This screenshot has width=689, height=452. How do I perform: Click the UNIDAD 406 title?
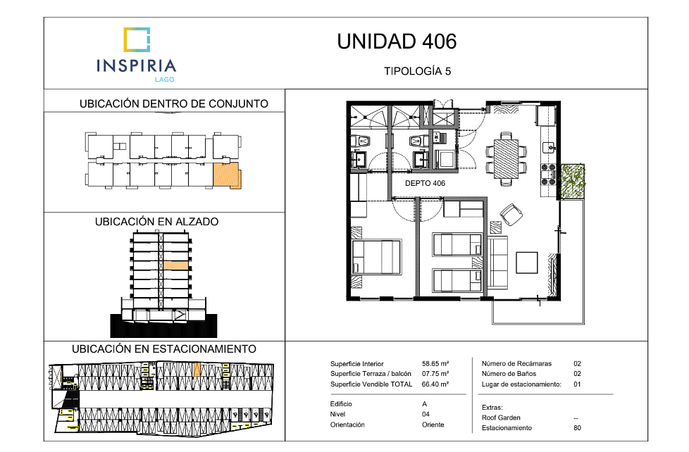[x=397, y=42]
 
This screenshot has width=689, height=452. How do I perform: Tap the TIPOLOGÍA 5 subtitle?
[x=418, y=71]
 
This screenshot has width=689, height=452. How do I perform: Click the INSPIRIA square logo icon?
[x=137, y=39]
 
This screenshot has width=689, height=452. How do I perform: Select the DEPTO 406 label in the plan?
[x=425, y=183]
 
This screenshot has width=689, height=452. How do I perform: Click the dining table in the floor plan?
[x=507, y=158]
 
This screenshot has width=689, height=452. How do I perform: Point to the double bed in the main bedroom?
[x=377, y=257]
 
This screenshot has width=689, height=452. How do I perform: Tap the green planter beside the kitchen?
[x=573, y=181]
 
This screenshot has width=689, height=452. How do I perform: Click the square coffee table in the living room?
[x=527, y=263]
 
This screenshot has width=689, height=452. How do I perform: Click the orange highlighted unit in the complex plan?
[x=227, y=175]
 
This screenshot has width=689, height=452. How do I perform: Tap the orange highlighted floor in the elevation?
[x=175, y=265]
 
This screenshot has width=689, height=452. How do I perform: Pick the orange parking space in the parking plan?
[x=197, y=370]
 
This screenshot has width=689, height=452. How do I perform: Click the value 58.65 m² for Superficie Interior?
[x=435, y=364]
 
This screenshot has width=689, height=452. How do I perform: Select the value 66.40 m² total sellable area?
[x=435, y=384]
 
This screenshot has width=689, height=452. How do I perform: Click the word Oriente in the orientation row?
[x=433, y=425]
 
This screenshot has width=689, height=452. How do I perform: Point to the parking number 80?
[x=577, y=428]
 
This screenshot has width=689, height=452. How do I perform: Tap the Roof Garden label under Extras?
[x=501, y=418]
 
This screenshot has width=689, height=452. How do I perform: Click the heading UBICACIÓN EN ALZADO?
[x=157, y=221]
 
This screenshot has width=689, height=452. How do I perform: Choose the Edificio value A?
[x=425, y=403]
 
